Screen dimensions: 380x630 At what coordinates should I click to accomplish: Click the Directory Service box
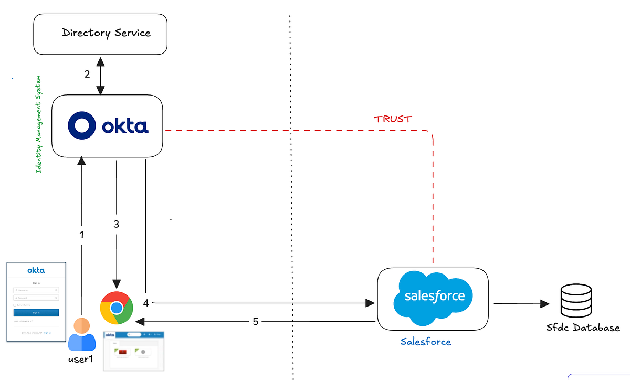100,33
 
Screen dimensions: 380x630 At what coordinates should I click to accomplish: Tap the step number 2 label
87,74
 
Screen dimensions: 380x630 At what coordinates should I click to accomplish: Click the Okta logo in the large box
108,126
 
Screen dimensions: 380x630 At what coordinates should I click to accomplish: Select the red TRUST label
393,119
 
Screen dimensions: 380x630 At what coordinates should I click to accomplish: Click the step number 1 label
81,235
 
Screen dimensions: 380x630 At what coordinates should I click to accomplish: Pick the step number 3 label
117,224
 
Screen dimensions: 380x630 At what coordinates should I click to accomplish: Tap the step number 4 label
146,303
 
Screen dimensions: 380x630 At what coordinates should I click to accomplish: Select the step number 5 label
256,322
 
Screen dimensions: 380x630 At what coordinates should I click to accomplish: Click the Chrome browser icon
116,308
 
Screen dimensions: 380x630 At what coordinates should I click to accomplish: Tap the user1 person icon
82,334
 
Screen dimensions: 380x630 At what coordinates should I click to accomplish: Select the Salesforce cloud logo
434,297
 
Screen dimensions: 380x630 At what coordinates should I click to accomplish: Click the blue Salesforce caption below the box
425,342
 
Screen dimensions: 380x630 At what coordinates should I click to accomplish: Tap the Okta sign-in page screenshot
36,301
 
